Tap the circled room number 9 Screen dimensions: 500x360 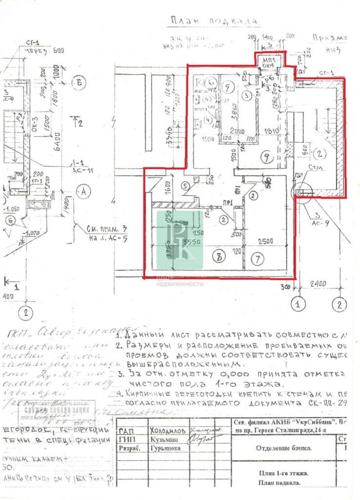click(265, 157)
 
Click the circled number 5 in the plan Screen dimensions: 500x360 click(184, 186)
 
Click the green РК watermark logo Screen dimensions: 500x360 click(180, 239)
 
